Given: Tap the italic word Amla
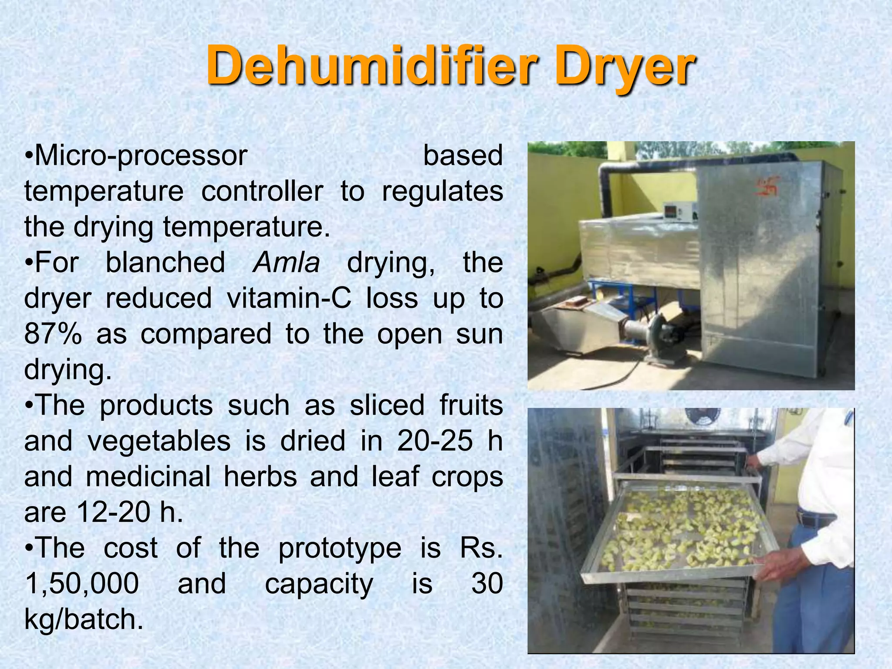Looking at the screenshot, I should click(287, 263).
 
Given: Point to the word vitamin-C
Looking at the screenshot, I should click(289, 298).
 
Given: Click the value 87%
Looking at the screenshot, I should click(53, 334).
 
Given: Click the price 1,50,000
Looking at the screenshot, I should click(82, 584).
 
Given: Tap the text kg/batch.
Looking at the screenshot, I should click(84, 619).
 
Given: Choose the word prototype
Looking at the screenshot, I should click(340, 548).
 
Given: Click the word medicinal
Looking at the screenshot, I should click(148, 476).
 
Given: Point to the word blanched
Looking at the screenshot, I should click(166, 263).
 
